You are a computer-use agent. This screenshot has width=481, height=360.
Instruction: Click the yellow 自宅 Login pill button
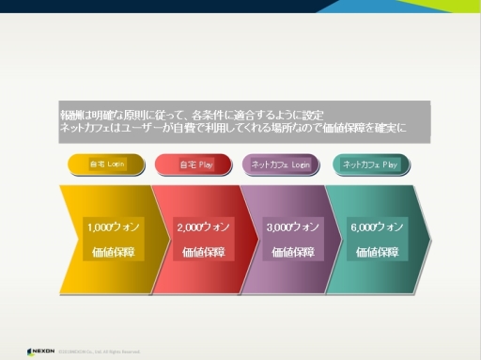pos(106,164)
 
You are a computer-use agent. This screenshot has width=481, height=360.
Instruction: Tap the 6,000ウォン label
pos(377,227)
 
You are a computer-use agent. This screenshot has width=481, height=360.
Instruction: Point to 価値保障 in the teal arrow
pos(377,252)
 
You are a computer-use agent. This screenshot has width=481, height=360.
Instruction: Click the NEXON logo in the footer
pos(40,352)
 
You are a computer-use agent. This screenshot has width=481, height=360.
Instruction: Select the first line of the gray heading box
pos(193,114)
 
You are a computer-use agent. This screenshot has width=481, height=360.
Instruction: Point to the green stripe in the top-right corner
pos(413,7)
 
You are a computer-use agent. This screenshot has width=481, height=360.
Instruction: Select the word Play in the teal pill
pos(389,164)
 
